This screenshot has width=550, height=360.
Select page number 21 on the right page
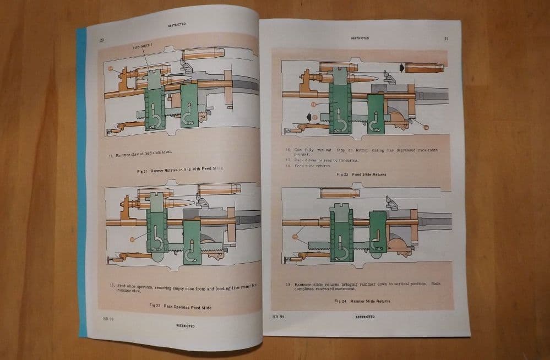coord(445,39)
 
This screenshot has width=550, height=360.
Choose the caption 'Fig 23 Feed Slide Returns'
coord(361,174)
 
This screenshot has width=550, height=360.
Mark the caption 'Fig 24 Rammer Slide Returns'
coord(362,301)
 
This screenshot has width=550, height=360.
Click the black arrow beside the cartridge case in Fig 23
coord(402,67)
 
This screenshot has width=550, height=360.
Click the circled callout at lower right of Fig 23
coord(425,126)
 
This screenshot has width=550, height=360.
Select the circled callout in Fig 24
coord(295,236)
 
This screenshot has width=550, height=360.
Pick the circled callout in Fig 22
coord(130,239)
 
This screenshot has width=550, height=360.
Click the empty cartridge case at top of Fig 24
coord(339,193)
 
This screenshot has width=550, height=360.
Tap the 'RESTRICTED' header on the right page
coord(360,38)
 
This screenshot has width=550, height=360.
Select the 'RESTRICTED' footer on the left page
coord(185,325)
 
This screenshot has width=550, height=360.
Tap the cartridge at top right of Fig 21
coord(203,53)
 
